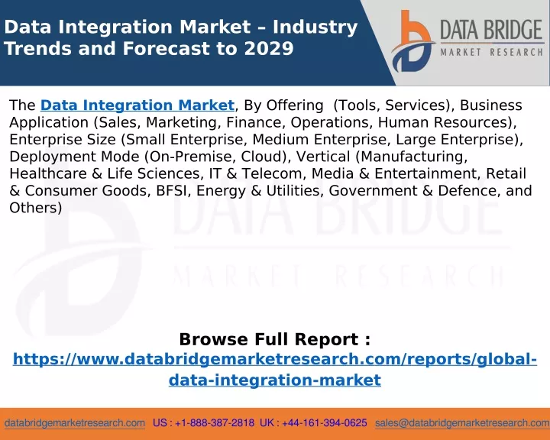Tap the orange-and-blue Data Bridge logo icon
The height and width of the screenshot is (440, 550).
(x=412, y=41)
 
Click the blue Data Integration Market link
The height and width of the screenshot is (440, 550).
(x=137, y=105)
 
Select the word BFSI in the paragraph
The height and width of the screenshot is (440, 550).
(x=171, y=190)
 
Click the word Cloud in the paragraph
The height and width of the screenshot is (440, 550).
(x=262, y=157)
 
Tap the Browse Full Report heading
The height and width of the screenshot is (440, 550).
(x=275, y=339)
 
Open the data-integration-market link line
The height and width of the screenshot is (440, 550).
(x=275, y=380)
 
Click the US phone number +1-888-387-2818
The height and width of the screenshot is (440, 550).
(x=215, y=422)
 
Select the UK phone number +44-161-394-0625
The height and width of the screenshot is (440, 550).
(x=325, y=422)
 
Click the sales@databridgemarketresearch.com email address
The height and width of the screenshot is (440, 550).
(x=462, y=423)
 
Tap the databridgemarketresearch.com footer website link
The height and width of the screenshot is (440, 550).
(x=75, y=423)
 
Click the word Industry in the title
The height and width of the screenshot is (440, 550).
(x=315, y=27)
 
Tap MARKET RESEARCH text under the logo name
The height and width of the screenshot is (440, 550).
(x=492, y=52)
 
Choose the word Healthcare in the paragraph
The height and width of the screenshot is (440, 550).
(x=48, y=173)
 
